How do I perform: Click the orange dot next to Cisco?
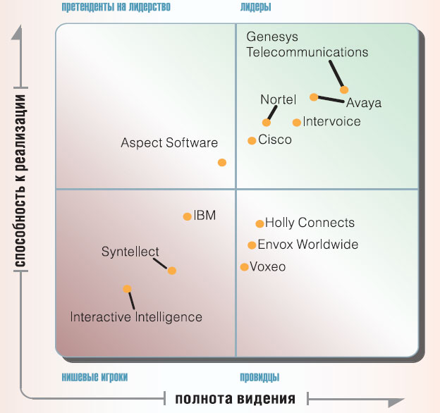coord(252,140)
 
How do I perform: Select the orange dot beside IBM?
coord(187,216)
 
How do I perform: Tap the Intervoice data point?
coord(297,122)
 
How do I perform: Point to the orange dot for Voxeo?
coord(244,267)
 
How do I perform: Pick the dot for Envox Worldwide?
coord(252,245)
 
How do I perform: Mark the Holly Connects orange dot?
coord(259,223)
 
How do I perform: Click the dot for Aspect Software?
coord(222,162)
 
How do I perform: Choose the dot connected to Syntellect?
coord(172,270)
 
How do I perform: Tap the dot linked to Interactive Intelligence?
coord(127,288)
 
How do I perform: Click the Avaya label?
coord(364,103)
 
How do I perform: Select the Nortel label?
coord(279,99)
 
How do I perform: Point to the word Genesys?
coord(271,37)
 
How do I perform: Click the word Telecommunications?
coord(307,52)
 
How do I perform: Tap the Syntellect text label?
coord(130,252)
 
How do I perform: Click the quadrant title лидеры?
coord(255,7)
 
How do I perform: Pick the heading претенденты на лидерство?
coord(116,7)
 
